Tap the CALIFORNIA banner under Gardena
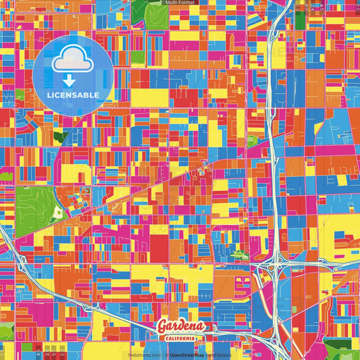(x=180, y=338)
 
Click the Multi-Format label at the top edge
(x=180, y=3)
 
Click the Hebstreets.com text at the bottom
(x=145, y=355)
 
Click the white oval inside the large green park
(x=57, y=213)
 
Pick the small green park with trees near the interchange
(x=240, y=255)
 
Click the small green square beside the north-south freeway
(x=252, y=141)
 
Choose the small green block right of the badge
(x=137, y=57)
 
